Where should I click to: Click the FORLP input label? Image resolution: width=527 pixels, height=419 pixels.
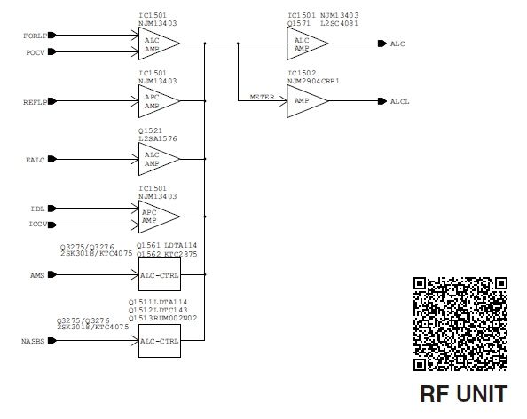point(35,36)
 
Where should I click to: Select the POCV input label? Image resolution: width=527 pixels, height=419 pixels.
point(35,52)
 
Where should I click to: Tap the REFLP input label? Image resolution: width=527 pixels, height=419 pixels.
point(35,102)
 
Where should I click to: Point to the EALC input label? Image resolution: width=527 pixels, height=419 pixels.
point(35,160)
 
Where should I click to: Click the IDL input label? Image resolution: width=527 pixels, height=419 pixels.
point(37,209)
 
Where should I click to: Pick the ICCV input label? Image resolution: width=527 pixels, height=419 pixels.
point(38,225)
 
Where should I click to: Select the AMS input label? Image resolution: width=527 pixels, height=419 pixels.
point(37,275)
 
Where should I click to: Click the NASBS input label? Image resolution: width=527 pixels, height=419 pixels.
point(33,341)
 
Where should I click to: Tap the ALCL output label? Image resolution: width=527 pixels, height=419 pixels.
point(399,101)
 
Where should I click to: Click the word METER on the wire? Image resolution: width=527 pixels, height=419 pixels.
point(262,97)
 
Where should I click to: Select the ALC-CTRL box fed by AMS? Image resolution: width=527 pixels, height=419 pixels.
point(160,274)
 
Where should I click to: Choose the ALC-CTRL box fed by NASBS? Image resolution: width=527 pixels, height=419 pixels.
point(160,341)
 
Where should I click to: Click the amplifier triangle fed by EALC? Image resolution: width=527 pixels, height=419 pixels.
point(159,159)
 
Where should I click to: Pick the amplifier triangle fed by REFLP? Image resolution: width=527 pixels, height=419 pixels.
point(159,101)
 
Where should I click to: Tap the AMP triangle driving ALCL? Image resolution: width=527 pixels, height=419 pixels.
point(308,101)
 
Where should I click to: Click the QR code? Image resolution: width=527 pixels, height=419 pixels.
point(460,324)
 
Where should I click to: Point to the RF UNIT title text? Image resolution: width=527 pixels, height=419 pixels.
point(464,394)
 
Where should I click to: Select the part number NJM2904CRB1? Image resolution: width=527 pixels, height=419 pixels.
point(313,81)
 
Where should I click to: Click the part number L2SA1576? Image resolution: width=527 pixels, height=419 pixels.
point(158,138)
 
